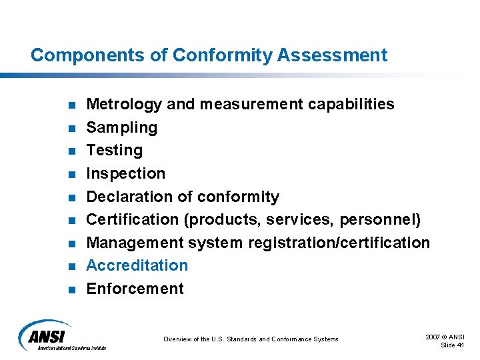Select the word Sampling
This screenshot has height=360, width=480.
122,128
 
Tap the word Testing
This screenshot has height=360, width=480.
115,151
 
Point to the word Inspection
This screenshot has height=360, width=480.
126,173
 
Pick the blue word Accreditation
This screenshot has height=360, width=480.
137,265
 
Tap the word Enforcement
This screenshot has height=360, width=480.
135,289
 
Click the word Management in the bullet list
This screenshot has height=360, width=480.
135,243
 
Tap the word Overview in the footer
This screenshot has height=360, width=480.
177,339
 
